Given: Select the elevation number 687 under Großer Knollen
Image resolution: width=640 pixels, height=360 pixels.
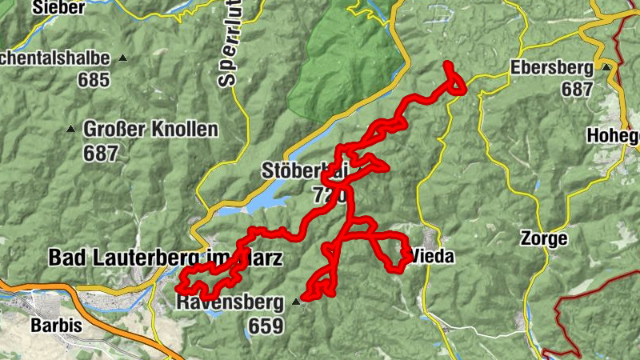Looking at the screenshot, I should tap(100, 153).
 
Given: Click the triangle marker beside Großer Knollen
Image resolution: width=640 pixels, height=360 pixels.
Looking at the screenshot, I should tap(70, 129).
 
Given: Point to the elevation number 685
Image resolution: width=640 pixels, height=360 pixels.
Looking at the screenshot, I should tap(93, 80).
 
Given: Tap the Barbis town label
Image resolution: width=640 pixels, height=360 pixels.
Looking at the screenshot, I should tap(57, 326).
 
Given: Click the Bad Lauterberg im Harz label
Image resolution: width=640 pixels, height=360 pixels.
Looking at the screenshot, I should tap(164, 258).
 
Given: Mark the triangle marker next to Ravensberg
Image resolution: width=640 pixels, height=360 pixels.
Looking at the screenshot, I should tap(296, 302).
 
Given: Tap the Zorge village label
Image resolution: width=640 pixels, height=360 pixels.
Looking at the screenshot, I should tap(543, 238).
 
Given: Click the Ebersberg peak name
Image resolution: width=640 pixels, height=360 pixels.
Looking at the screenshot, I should tap(554, 67).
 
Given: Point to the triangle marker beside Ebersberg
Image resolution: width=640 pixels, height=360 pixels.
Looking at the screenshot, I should tap(606, 67).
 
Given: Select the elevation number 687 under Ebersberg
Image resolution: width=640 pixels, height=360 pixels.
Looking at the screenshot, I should tap(576, 90).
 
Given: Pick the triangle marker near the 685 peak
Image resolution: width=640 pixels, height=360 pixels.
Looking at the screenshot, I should tap(122, 58).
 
